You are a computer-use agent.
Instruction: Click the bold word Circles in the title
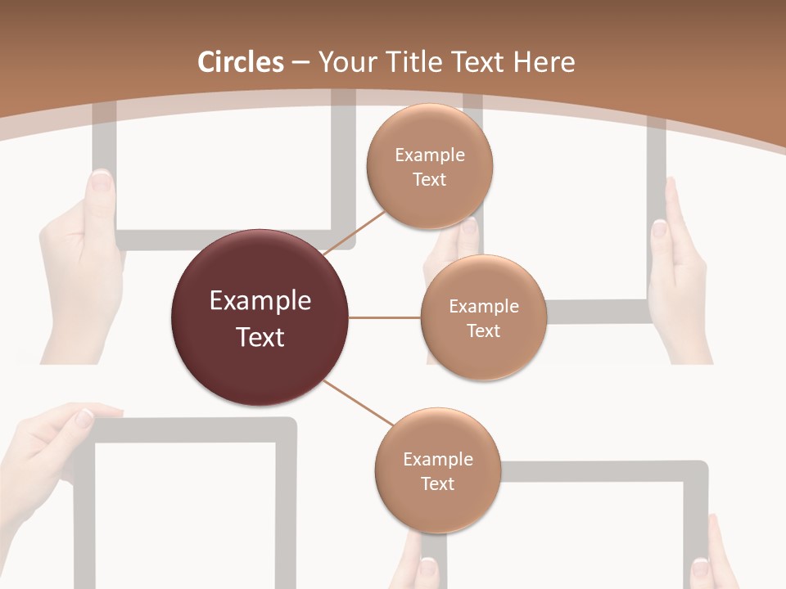pos(241,62)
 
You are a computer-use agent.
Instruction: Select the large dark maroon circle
pos(260,317)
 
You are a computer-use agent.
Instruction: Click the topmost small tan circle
pos(429,167)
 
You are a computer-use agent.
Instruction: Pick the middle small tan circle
pos(483,317)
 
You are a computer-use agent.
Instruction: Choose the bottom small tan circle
pos(437,470)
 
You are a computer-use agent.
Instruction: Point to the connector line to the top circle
pos(355,233)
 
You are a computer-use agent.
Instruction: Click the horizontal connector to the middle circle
pos(385,317)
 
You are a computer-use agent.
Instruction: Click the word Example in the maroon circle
pos(260,301)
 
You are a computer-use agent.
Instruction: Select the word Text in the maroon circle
pos(260,337)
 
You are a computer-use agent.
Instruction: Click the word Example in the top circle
pos(429,155)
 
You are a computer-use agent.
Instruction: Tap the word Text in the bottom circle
pos(437,483)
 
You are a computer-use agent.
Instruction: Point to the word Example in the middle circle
pos(483,307)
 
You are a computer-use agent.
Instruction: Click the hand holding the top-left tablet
pos(82,262)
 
